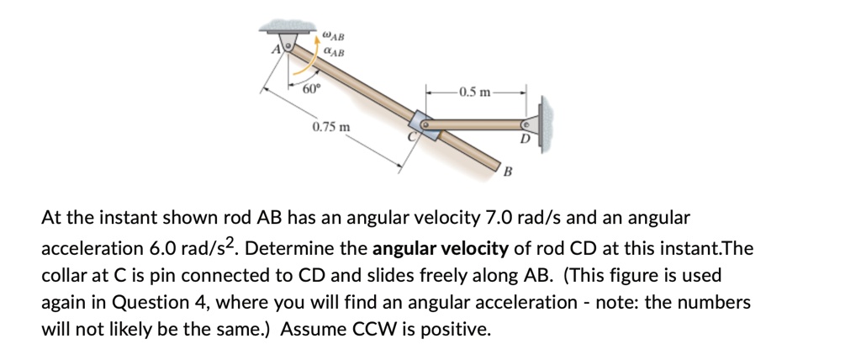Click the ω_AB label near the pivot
pos(333,35)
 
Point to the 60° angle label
pos(311,88)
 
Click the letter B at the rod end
pos(508,172)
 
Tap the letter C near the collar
pos(412,136)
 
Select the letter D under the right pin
pos(524,139)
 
